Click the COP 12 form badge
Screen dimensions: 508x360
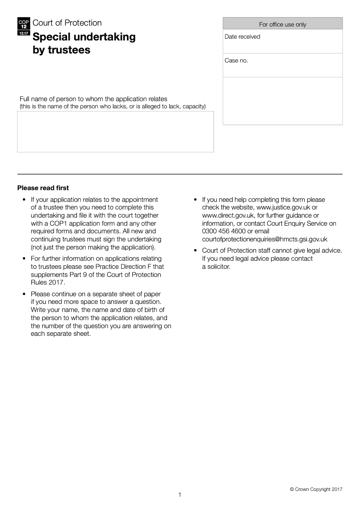pyautogui.click(x=23, y=27)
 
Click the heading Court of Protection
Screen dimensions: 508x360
pyautogui.click(x=67, y=23)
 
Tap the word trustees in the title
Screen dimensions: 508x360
pyautogui.click(x=68, y=50)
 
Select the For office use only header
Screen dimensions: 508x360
pyautogui.click(x=283, y=24)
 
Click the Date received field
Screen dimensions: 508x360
pyautogui.click(x=283, y=42)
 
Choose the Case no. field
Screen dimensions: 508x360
pyautogui.click(x=283, y=66)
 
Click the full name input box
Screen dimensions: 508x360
pyautogui.click(x=115, y=132)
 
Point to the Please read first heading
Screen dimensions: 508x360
pyautogui.click(x=43, y=188)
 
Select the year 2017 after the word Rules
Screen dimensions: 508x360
pyautogui.click(x=57, y=283)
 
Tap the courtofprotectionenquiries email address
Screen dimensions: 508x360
pyautogui.click(x=265, y=240)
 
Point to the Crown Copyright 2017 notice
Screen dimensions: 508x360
pyautogui.click(x=316, y=489)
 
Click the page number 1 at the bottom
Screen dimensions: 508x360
pyautogui.click(x=180, y=495)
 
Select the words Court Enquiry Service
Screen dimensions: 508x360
pyautogui.click(x=296, y=223)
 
